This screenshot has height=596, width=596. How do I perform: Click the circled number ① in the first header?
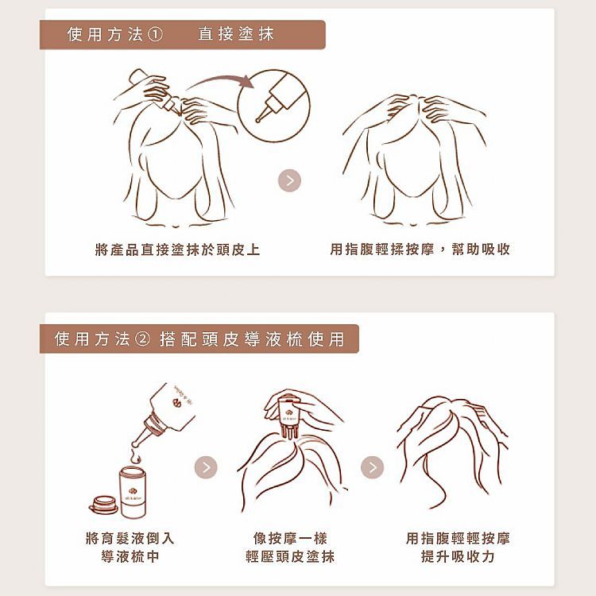point(155,35)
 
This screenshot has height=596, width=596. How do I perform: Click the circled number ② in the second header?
point(142,339)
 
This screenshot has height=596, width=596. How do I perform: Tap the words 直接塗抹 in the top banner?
point(236,34)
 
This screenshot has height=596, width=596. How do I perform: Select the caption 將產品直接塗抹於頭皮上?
point(177,250)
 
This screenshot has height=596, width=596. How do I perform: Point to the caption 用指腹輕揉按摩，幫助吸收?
point(420,250)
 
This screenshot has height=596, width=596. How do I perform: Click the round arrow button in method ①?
point(289,180)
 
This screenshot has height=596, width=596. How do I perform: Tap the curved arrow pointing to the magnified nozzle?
point(220,81)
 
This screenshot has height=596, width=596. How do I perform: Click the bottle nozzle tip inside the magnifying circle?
point(258,120)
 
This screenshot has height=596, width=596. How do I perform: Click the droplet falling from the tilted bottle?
point(136,456)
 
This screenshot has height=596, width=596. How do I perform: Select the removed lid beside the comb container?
point(104,505)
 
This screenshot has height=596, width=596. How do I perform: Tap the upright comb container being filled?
point(133,492)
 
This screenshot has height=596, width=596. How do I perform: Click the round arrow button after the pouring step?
point(206,467)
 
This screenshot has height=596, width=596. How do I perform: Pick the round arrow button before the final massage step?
point(373,467)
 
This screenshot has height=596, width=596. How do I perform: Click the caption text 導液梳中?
point(130,556)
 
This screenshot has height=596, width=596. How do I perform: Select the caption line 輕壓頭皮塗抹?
point(290,556)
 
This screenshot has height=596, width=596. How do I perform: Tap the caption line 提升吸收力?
point(458,556)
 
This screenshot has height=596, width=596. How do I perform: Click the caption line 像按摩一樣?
point(290,538)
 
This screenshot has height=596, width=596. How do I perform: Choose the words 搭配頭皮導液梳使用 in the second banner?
point(252,339)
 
